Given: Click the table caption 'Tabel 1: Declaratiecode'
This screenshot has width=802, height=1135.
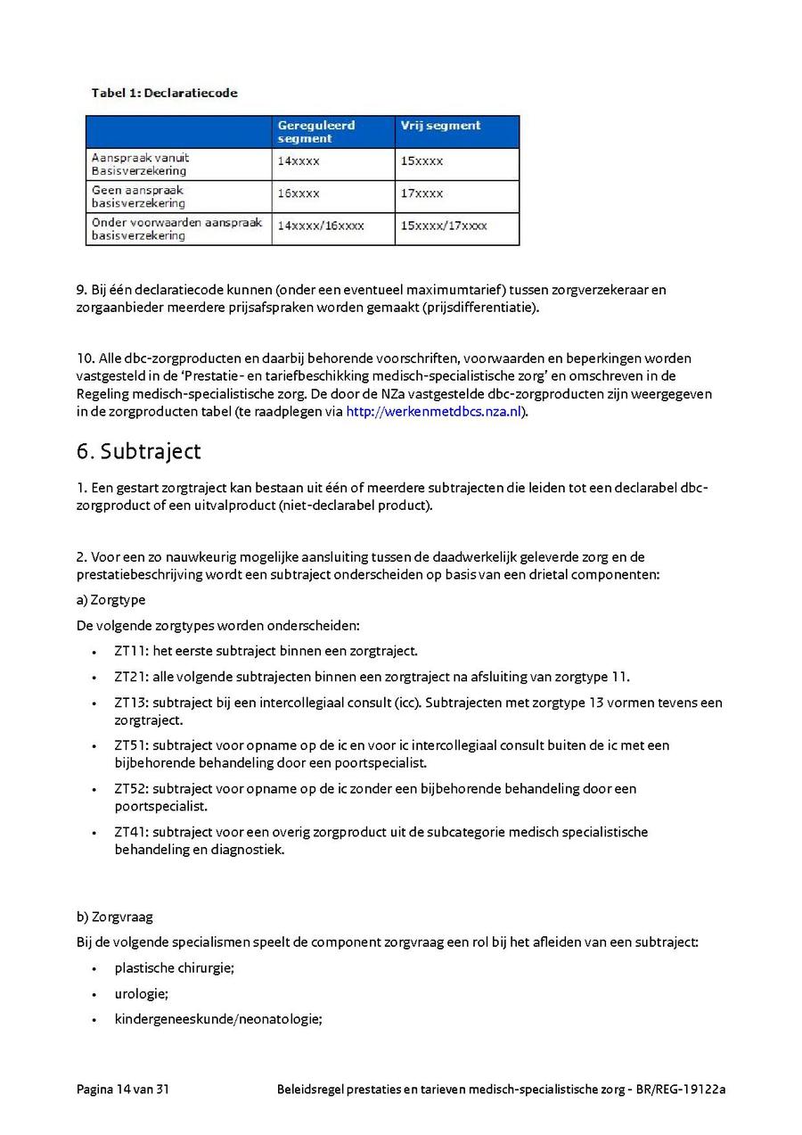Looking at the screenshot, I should pyautogui.click(x=164, y=93).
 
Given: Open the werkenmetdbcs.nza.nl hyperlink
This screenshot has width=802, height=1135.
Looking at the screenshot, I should pyautogui.click(x=433, y=412).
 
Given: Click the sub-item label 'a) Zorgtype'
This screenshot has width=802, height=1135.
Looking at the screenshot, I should pyautogui.click(x=111, y=600).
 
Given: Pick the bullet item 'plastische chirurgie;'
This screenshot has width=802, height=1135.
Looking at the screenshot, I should pyautogui.click(x=174, y=967).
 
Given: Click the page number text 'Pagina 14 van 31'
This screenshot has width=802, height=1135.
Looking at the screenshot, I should pyautogui.click(x=123, y=1089).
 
